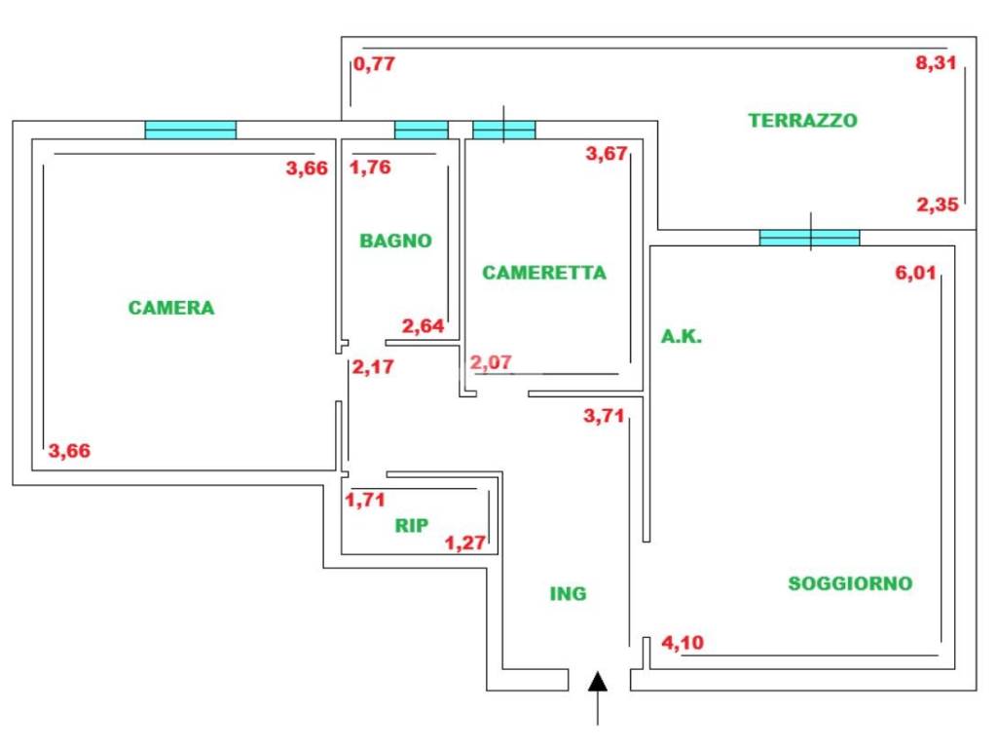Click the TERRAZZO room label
coord(802,121)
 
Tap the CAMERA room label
coord(171,308)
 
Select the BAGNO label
coord(395,241)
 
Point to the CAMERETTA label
coord(544,273)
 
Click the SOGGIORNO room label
coord(850,583)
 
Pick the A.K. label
coord(682,338)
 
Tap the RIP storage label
coord(412,526)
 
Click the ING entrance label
coord(569,593)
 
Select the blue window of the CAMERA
coord(191,130)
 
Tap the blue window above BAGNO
coord(421,130)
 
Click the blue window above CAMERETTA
coord(503,130)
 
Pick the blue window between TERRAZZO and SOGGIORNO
coord(809,237)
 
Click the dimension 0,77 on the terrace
coord(375,64)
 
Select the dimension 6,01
coord(915,273)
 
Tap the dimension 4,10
coord(682,642)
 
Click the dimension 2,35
coord(938,205)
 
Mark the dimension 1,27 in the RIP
coord(464,542)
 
